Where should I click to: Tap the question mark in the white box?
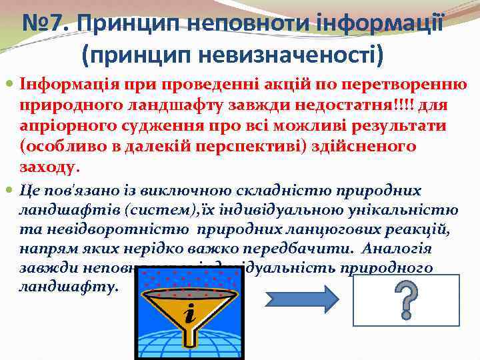(406, 299)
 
